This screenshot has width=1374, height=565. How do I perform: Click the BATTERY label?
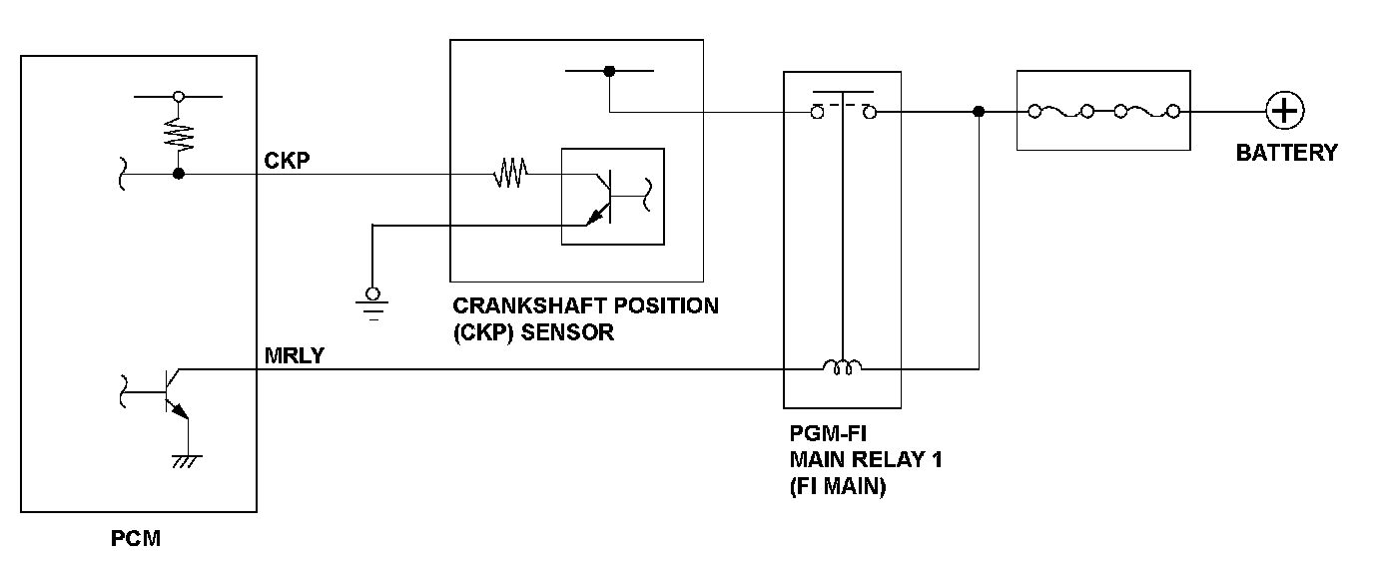[x=1285, y=154]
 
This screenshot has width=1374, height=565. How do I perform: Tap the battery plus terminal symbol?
[x=1285, y=110]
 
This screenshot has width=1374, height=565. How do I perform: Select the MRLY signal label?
[x=294, y=355]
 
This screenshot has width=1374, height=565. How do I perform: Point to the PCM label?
[x=136, y=540]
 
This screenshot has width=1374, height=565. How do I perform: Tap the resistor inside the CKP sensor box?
[x=510, y=175]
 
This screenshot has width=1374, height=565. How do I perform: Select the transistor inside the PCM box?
[x=170, y=392]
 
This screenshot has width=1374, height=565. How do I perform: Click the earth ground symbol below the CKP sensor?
[x=373, y=298]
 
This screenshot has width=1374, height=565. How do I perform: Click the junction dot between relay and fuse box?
[x=979, y=112]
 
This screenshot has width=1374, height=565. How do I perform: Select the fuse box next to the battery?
[x=1102, y=111]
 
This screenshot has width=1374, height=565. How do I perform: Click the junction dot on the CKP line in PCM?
[x=179, y=175]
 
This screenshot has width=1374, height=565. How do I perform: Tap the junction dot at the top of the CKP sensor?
[x=609, y=71]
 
